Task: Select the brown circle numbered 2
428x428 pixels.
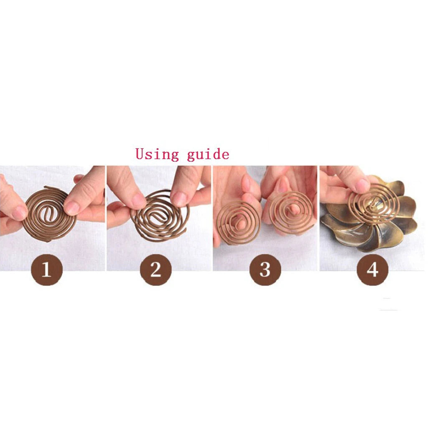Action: click(155, 270)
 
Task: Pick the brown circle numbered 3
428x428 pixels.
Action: click(265, 270)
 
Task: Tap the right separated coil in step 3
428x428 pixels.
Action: click(290, 213)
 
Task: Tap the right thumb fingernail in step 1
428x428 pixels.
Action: click(72, 207)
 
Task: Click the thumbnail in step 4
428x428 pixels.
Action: click(362, 185)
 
